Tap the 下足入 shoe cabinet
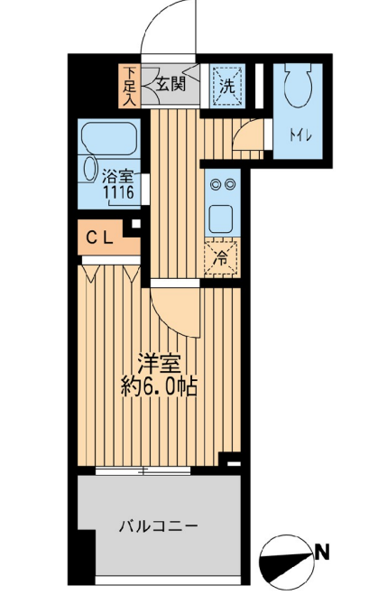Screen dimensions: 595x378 pos(131,87)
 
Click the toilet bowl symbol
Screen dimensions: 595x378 pos(295,89)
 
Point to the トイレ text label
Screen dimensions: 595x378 pos(300,136)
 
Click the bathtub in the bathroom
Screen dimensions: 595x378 pos(108,139)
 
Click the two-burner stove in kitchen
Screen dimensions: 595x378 pos(221,184)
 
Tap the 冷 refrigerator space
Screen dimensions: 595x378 pos(221,256)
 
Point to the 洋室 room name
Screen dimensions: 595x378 pos(160,365)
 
